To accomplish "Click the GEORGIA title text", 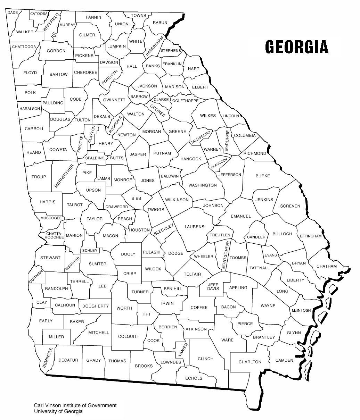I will click(x=296, y=47).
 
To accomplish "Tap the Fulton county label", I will click(x=82, y=120).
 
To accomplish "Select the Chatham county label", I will click(x=326, y=266).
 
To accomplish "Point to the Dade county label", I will click(x=13, y=12).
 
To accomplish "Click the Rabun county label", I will click(x=160, y=23).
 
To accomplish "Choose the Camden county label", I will click(x=284, y=360).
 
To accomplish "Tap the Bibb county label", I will click(x=136, y=198).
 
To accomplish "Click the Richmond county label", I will click(x=255, y=153).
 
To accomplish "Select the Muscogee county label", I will click(x=51, y=218).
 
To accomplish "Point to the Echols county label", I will click(x=194, y=378).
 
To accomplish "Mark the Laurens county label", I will click(x=194, y=227).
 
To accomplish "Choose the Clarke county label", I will click(x=161, y=99).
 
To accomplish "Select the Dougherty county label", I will click(x=96, y=306).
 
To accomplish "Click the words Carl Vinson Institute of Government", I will click(x=75, y=405).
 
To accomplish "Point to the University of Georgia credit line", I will click(x=58, y=411).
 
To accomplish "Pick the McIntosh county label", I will click(x=301, y=310).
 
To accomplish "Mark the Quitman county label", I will click(x=37, y=277).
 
